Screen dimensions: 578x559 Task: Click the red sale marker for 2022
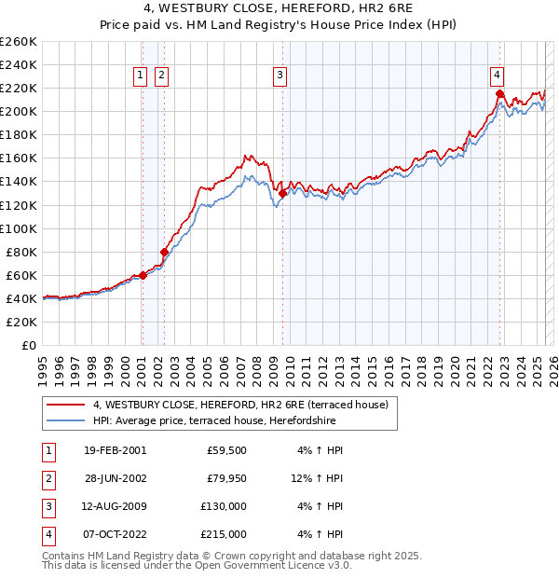tap(499, 94)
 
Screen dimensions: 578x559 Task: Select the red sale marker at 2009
tap(282, 193)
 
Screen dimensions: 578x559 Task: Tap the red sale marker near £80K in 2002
tap(164, 252)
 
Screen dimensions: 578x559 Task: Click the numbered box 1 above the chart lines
tap(140, 76)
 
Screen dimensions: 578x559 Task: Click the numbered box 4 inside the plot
tap(498, 76)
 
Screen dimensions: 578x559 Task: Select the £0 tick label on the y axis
tap(28, 345)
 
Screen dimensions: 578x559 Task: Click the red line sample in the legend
tap(65, 405)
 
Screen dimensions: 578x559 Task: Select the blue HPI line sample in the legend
tap(65, 420)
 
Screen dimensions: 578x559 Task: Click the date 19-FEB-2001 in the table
tap(115, 450)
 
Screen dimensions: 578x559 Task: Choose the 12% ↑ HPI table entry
tap(317, 478)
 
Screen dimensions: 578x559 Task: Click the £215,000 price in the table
tap(224, 534)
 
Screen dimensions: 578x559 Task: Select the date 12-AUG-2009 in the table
tap(115, 506)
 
